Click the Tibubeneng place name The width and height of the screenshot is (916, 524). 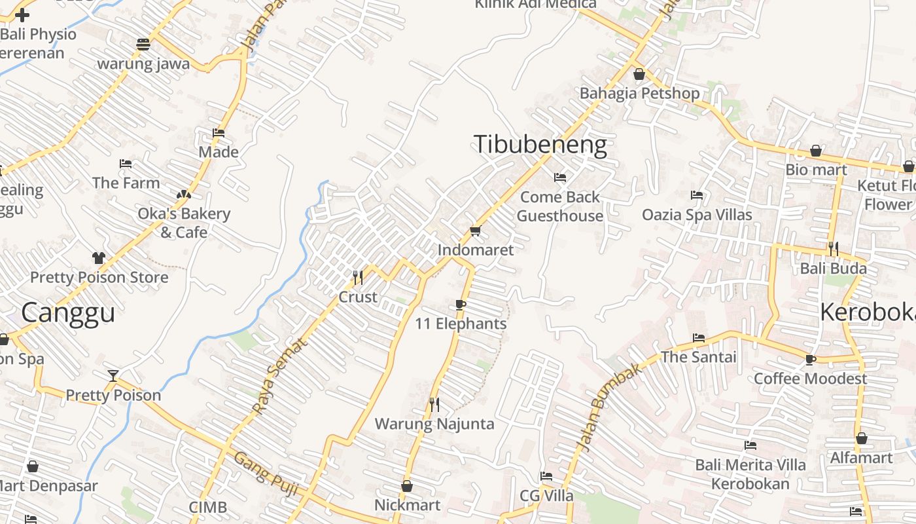click(x=540, y=145)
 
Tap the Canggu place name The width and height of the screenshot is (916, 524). click(x=68, y=312)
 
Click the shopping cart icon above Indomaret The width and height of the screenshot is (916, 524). click(x=475, y=231)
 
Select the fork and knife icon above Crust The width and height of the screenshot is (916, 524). click(x=358, y=278)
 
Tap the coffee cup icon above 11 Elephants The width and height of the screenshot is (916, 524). click(x=461, y=305)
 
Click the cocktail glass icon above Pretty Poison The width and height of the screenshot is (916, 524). click(x=113, y=375)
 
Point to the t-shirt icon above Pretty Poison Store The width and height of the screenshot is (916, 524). click(x=99, y=258)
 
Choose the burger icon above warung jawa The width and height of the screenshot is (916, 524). click(x=143, y=45)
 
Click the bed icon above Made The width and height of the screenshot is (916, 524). click(x=219, y=133)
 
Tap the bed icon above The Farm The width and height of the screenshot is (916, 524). click(x=126, y=164)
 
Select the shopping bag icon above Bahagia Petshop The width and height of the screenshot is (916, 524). click(x=639, y=74)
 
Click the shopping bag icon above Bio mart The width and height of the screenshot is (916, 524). click(x=816, y=151)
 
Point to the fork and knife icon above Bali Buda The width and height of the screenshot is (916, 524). click(x=834, y=249)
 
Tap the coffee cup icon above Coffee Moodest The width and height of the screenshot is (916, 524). click(x=811, y=360)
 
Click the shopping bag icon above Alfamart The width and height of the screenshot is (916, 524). click(x=862, y=438)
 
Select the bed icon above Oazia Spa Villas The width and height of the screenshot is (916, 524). click(x=697, y=195)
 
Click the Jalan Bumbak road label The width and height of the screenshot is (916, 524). click(x=599, y=407)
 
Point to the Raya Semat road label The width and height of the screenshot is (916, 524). click(x=279, y=375)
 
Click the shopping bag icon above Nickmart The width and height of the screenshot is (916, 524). click(x=407, y=486)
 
